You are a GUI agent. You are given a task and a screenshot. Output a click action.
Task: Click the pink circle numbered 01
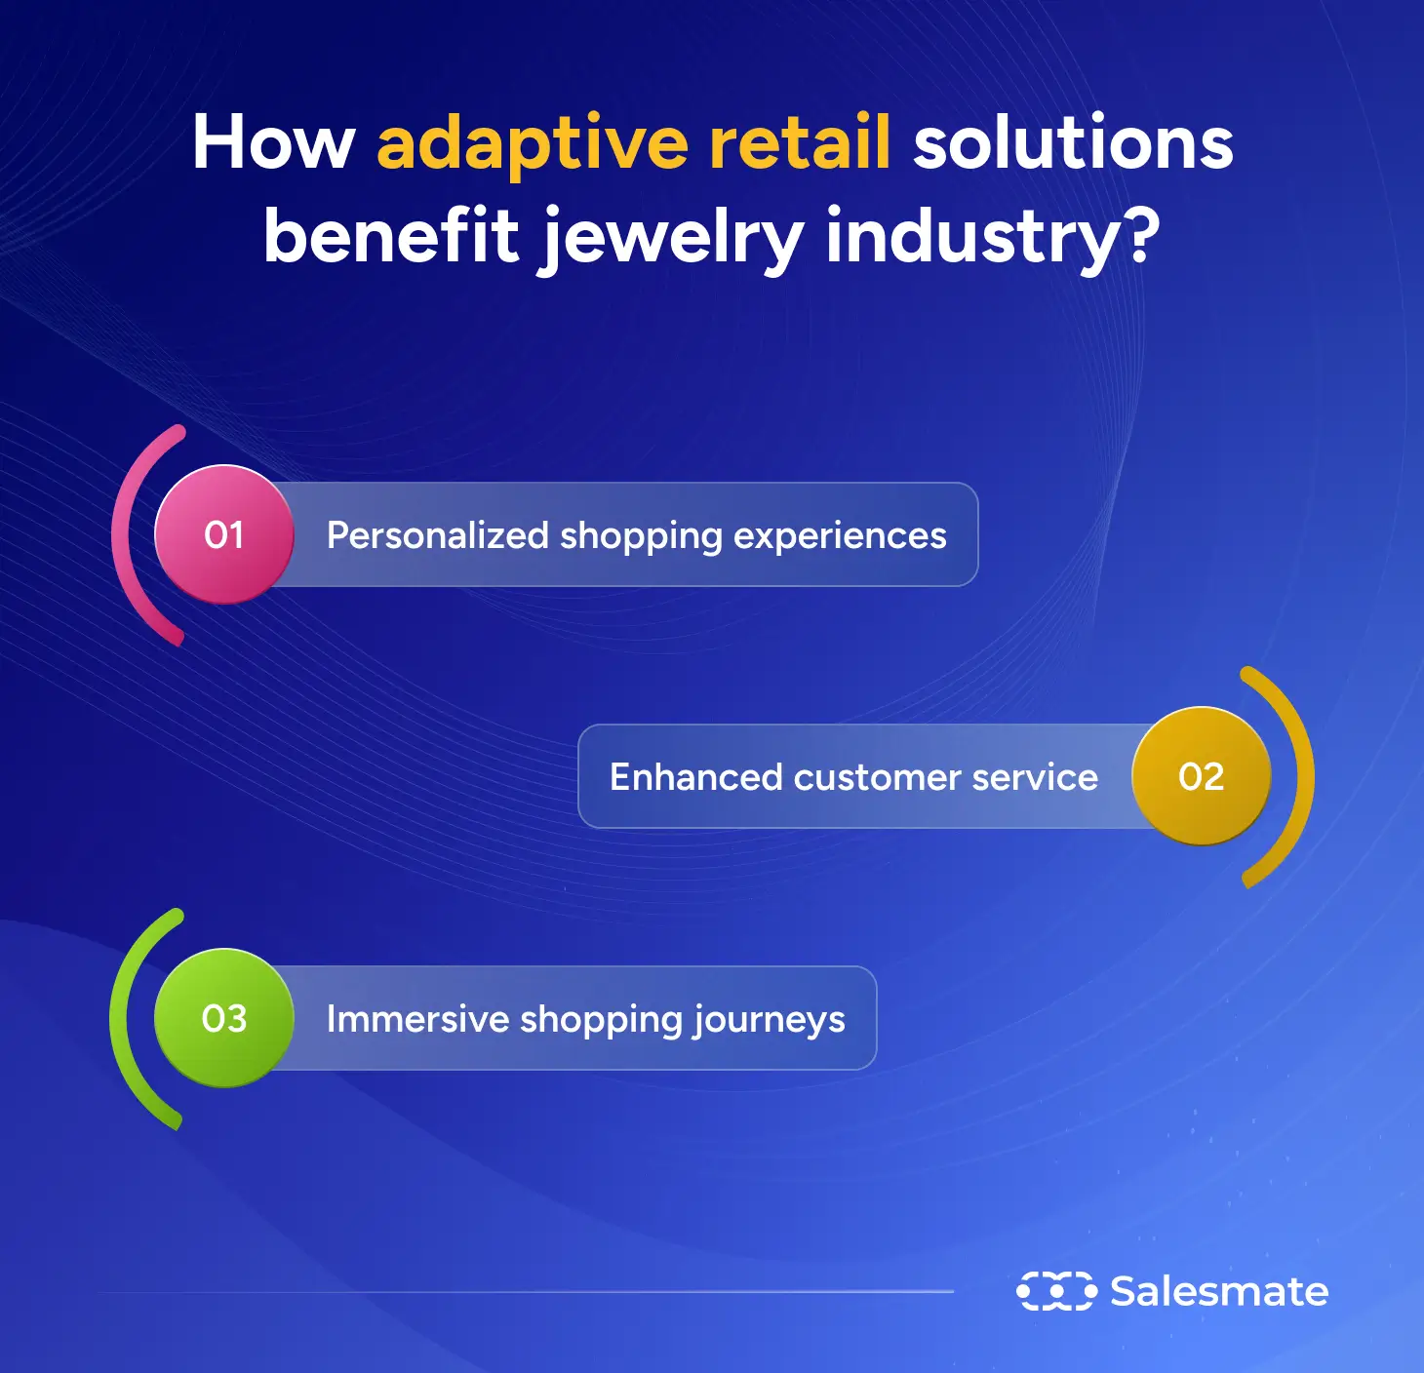224,534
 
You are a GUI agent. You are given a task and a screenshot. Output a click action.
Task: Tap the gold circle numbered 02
1201,776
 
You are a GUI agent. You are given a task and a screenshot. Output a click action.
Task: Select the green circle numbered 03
224,1017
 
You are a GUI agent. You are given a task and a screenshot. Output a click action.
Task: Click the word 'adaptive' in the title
532,145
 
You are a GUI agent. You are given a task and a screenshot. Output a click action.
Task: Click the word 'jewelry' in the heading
672,239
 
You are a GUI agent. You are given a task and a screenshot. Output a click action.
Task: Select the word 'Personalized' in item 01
438,534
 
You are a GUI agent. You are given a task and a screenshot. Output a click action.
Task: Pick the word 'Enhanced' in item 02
695,776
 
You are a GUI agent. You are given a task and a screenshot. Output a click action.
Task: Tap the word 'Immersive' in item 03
417,1018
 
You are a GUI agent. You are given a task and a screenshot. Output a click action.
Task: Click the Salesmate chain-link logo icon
1056,1291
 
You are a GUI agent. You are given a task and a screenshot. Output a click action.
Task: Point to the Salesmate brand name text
1219,1292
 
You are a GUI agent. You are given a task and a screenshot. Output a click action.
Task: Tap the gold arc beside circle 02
1305,777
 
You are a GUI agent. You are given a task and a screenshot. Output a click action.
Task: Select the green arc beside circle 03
119,1017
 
